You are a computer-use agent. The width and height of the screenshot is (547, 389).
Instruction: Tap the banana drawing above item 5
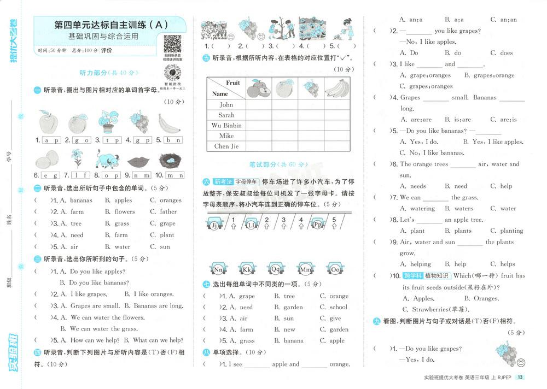coord(170,122)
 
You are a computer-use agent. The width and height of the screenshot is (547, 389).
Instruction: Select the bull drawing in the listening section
coord(107,160)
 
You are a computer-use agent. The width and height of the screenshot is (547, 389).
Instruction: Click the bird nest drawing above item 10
coord(170,161)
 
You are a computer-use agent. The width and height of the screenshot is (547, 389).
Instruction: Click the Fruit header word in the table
coord(232,83)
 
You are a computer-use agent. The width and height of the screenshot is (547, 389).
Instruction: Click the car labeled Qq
coord(275,269)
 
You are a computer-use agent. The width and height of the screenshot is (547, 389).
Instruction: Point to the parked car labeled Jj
coord(214,225)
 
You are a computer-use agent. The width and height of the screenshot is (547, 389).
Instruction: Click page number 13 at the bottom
coord(520,378)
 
